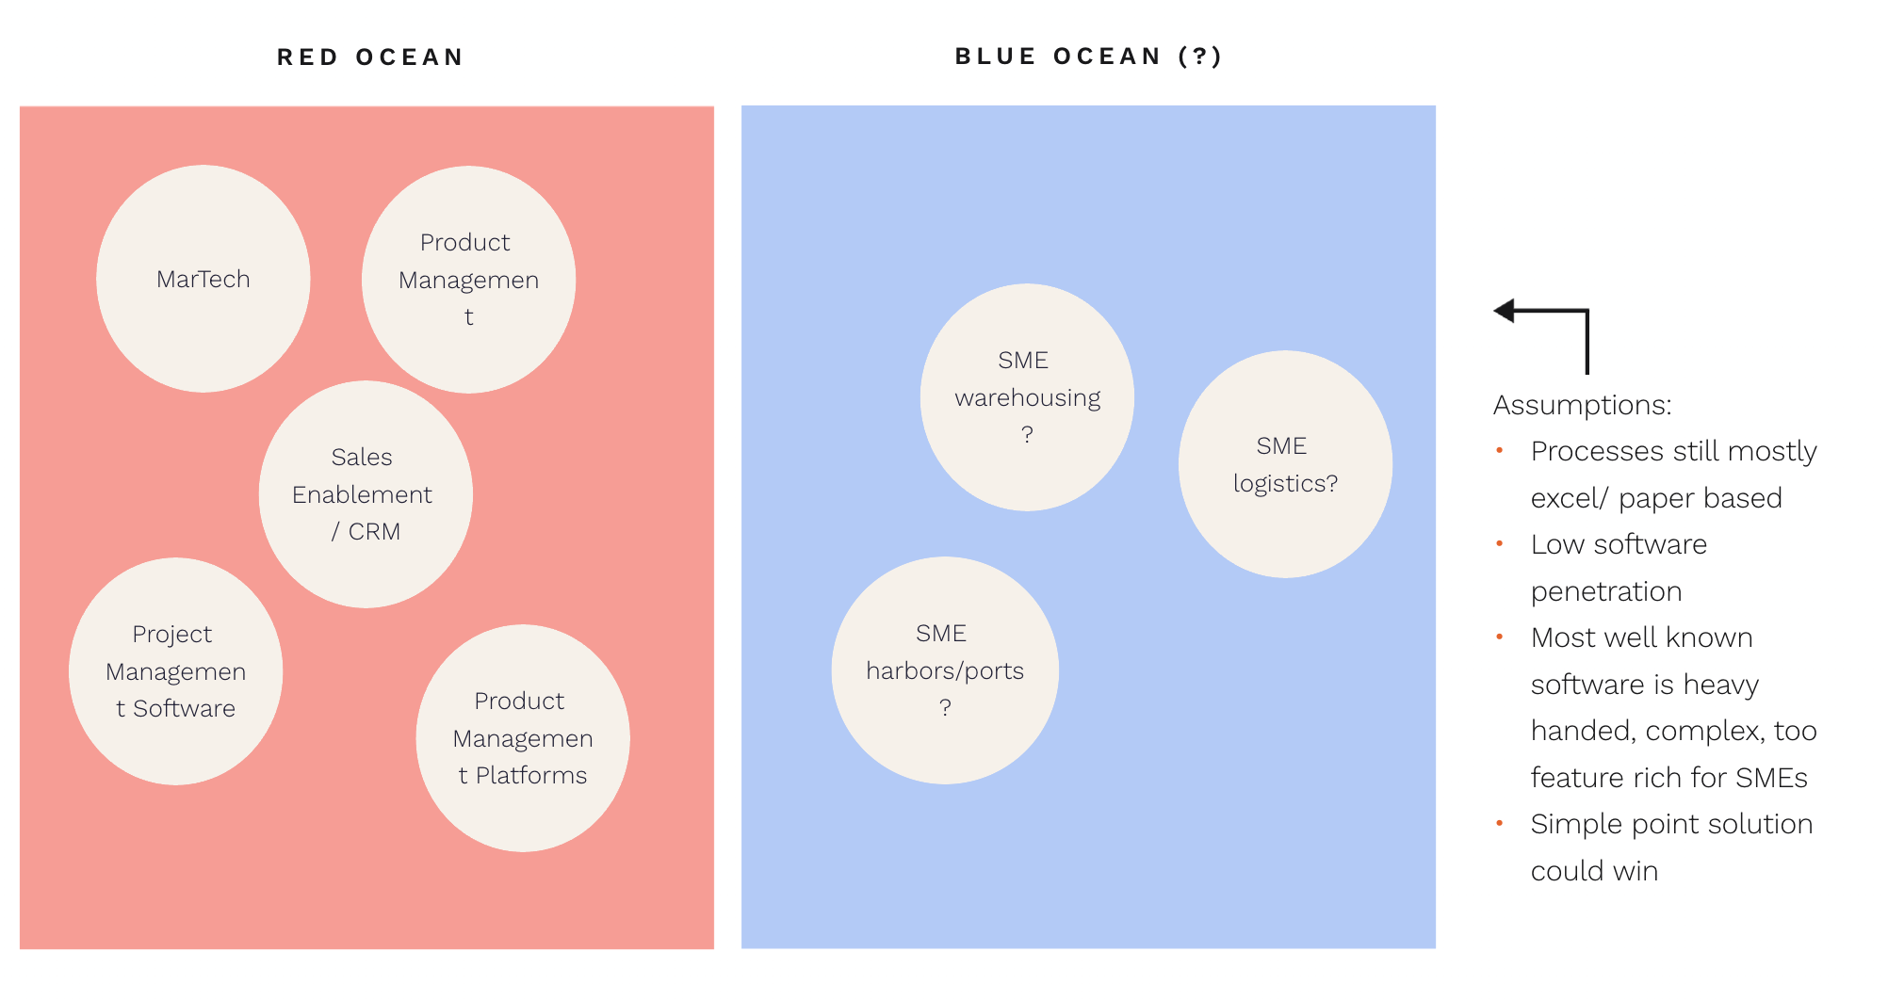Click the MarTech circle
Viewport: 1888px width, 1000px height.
click(203, 279)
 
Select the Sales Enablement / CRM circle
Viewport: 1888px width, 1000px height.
click(366, 494)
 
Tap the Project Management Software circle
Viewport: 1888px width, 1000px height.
click(175, 671)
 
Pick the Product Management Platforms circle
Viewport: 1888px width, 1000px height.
click(523, 738)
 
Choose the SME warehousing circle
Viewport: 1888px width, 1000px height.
click(1027, 397)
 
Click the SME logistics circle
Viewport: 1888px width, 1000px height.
click(1285, 464)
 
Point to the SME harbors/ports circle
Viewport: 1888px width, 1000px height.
click(945, 670)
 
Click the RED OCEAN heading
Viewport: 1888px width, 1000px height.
click(370, 57)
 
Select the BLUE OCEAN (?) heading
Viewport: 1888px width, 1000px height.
click(1088, 56)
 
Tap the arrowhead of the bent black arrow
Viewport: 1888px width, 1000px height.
click(1505, 311)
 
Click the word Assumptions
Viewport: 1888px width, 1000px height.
click(1582, 405)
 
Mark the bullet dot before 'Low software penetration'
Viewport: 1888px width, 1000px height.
click(1499, 544)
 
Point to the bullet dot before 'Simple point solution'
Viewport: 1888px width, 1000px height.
click(1499, 824)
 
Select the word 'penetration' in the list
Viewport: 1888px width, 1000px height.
click(1605, 591)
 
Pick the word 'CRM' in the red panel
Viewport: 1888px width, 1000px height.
click(374, 532)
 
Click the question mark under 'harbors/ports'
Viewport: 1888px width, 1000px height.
click(945, 707)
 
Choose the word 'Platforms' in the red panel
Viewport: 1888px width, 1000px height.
click(531, 776)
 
